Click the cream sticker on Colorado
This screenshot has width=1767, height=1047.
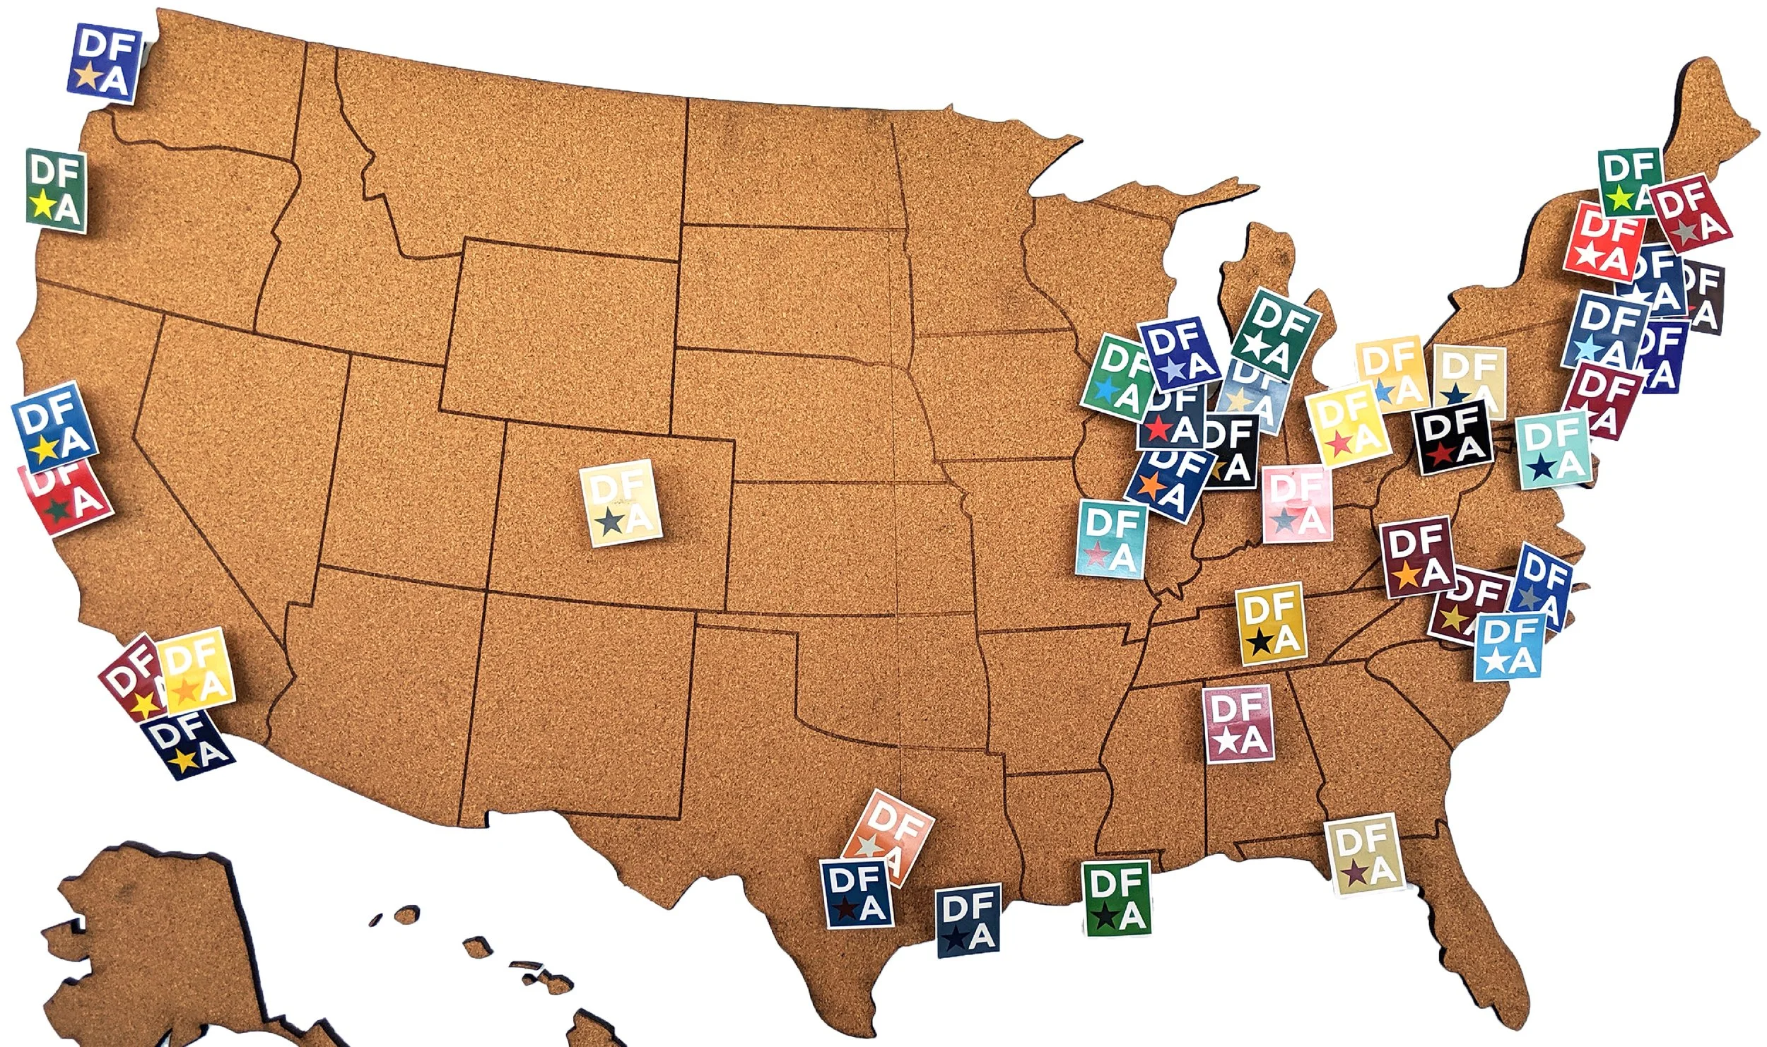point(621,502)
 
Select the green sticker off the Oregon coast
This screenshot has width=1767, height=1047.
point(56,189)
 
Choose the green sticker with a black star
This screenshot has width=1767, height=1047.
point(1117,898)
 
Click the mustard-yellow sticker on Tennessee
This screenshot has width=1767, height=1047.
point(1271,623)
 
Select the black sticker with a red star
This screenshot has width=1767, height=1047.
point(1453,435)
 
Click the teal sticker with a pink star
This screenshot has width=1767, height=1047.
point(1110,539)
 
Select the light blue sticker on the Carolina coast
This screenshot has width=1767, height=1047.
point(1508,646)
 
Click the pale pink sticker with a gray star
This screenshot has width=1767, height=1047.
point(1296,504)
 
